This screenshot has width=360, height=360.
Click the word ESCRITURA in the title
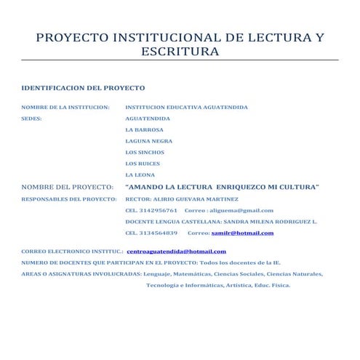pyautogui.click(x=180, y=52)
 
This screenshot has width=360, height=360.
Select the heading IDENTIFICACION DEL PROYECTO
pyautogui.click(x=83, y=87)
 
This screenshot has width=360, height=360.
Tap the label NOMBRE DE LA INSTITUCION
pyautogui.click(x=65, y=108)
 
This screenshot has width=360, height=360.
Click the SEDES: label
pyautogui.click(x=31, y=119)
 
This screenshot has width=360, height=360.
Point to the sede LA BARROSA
pyautogui.click(x=145, y=129)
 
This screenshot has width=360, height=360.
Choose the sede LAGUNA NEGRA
pyautogui.click(x=149, y=140)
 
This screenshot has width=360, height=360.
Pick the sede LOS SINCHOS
pyautogui.click(x=145, y=152)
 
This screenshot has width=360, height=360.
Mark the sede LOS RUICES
pyautogui.click(x=143, y=163)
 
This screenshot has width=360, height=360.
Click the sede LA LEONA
pyautogui.click(x=140, y=175)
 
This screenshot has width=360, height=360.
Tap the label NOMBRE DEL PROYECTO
pyautogui.click(x=68, y=187)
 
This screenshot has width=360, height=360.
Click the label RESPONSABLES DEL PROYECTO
pyautogui.click(x=69, y=199)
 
